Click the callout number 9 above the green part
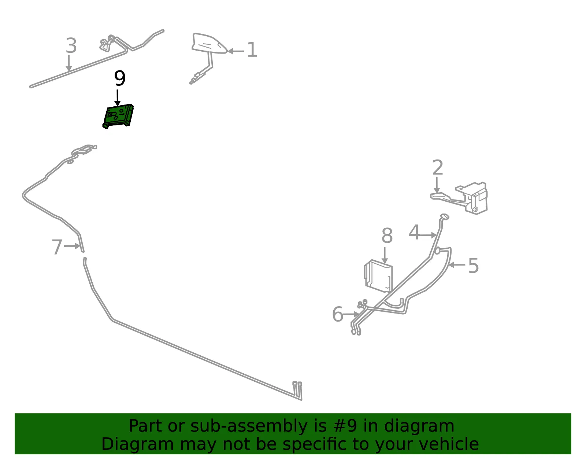[120, 78]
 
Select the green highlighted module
[118, 116]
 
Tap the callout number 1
[252, 50]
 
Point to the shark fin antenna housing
[209, 43]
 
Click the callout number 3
[71, 45]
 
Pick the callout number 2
[438, 167]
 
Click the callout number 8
[387, 235]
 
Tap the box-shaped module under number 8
[378, 275]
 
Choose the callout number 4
[414, 232]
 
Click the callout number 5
[473, 265]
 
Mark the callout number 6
[338, 314]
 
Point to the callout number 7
[57, 247]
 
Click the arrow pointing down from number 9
[117, 98]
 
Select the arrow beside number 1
[236, 51]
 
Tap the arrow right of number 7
[72, 246]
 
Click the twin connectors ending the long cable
[297, 391]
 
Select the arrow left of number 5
[457, 265]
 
